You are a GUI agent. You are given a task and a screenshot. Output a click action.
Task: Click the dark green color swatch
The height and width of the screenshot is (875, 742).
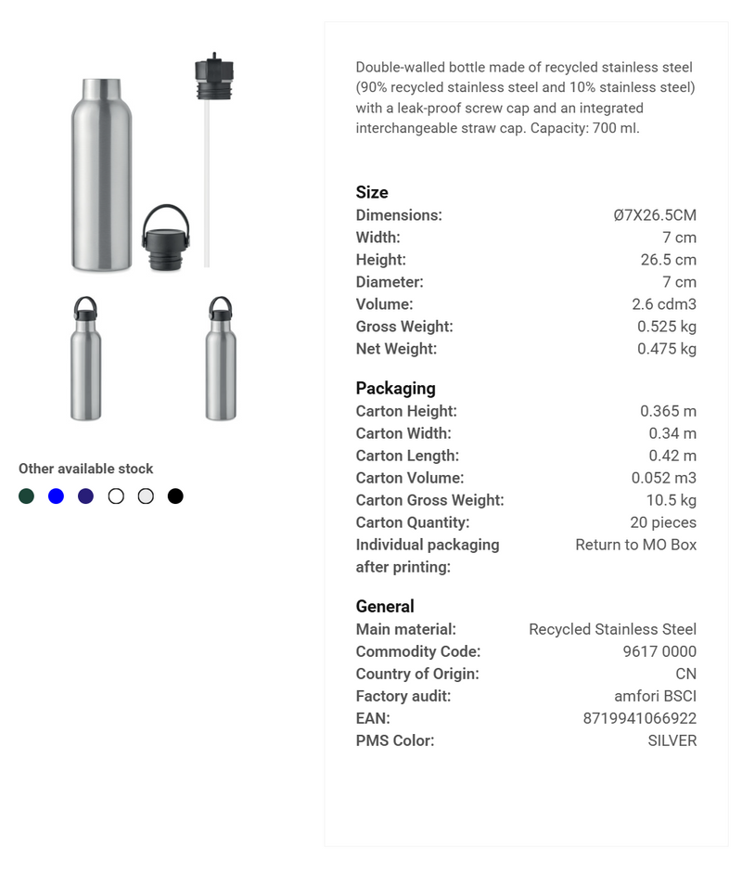(27, 496)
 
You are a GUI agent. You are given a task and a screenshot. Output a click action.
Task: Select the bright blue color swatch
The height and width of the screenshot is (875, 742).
(57, 496)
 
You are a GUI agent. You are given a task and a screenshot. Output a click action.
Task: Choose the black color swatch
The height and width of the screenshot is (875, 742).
(175, 496)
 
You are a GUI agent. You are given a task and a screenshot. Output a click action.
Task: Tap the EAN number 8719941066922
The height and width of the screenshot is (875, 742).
(639, 718)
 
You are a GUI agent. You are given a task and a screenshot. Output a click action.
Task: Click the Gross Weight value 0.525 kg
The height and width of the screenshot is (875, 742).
(666, 327)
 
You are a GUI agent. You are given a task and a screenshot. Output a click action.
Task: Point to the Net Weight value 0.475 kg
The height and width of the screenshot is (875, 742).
(666, 349)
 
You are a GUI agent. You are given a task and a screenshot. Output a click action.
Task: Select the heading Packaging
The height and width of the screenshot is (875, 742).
(395, 388)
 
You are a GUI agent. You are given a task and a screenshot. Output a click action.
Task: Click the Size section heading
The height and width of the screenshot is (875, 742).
(372, 192)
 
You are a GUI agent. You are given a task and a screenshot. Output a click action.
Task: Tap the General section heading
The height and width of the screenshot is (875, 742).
(385, 606)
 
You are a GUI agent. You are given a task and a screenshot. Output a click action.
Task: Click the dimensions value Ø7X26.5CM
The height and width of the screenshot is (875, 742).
(654, 215)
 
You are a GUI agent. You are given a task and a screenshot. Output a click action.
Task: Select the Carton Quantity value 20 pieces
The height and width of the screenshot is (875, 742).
(662, 522)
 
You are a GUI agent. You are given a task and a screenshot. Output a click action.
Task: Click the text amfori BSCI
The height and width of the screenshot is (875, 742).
(655, 696)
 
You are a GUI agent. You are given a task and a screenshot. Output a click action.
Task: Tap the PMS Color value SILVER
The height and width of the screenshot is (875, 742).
(672, 740)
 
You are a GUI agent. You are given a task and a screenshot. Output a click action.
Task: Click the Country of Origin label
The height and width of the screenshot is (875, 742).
(417, 674)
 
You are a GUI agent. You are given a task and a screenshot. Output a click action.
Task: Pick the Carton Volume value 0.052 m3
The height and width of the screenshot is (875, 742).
(663, 478)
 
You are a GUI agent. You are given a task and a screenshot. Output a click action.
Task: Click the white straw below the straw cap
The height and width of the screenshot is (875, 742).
(207, 186)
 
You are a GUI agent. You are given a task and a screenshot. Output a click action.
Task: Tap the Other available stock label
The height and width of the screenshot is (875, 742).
(86, 469)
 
